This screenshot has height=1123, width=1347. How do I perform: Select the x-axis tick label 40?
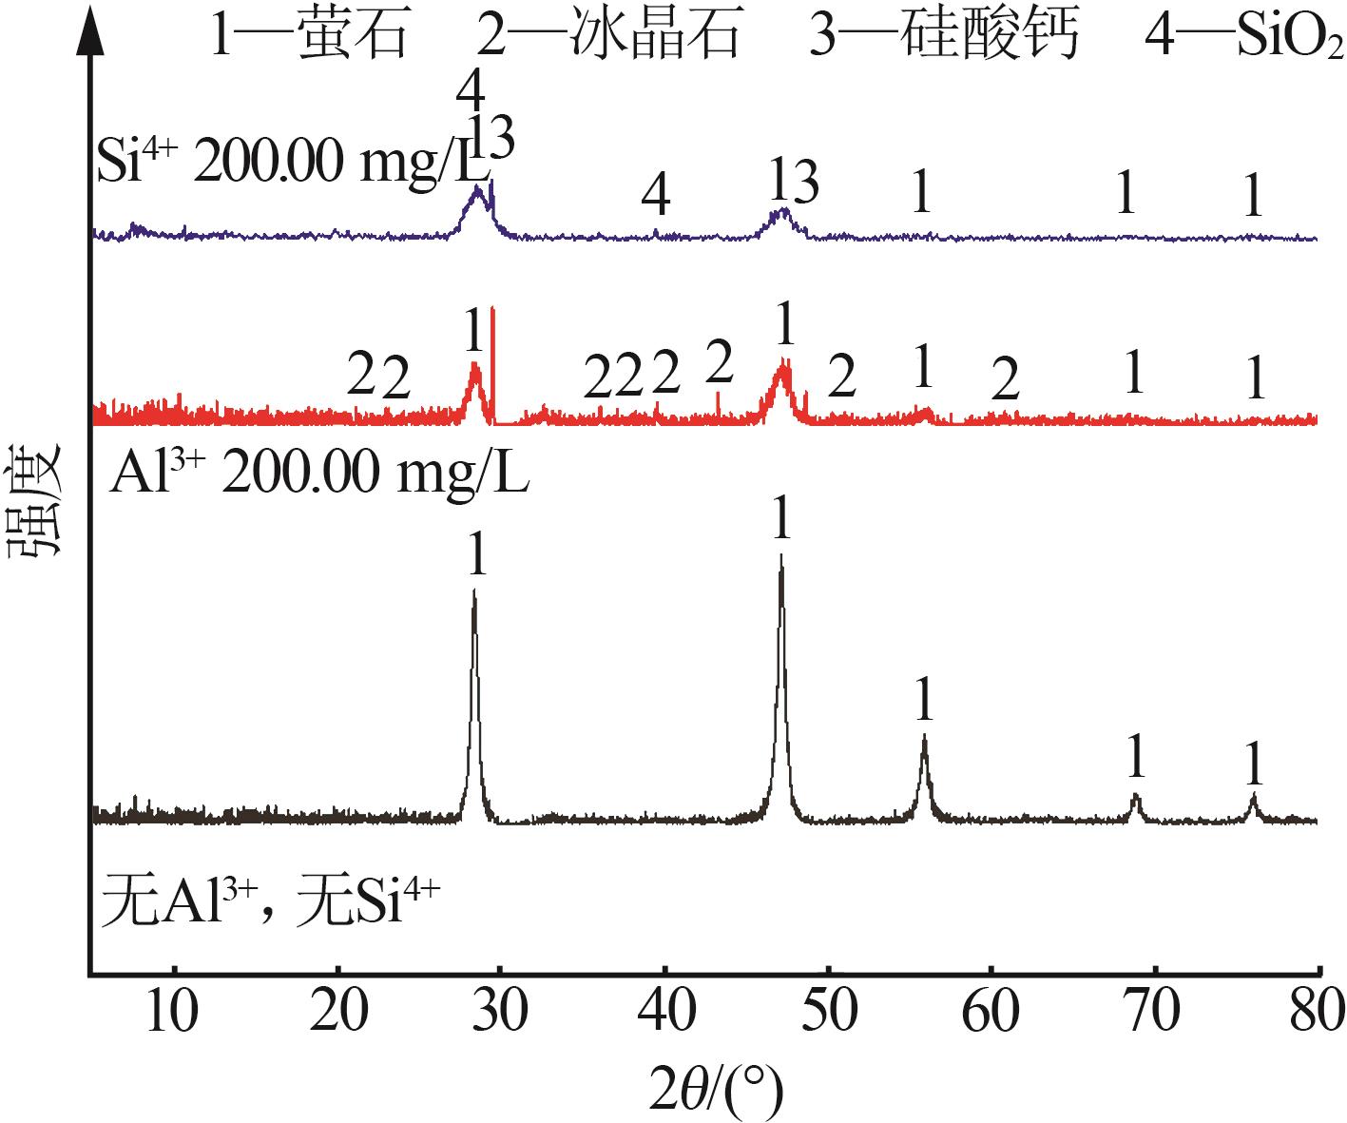pyautogui.click(x=664, y=1013)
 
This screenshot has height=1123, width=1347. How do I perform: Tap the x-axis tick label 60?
pyautogui.click(x=991, y=1013)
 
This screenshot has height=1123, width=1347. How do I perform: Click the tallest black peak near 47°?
pyautogui.click(x=781, y=556)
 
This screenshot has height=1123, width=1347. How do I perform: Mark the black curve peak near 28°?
pyautogui.click(x=473, y=591)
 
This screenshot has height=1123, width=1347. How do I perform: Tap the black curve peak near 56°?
pyautogui.click(x=923, y=737)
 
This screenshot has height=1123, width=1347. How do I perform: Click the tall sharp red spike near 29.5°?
pyautogui.click(x=492, y=314)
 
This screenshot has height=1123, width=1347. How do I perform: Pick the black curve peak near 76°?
pyautogui.click(x=1254, y=795)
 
